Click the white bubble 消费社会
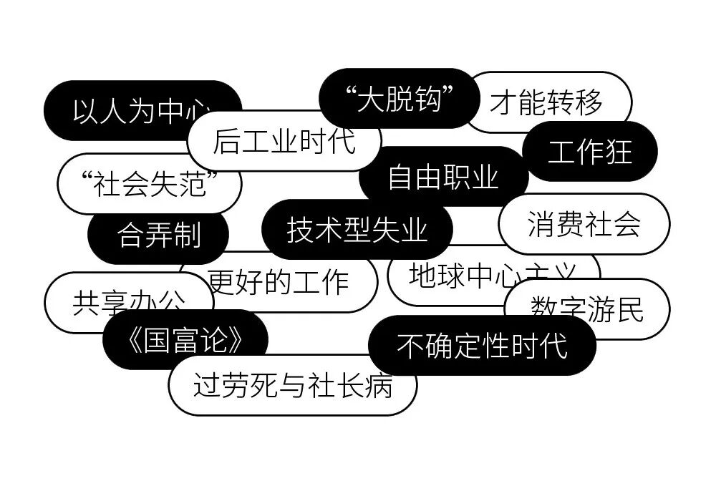click(584, 224)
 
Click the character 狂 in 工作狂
click(619, 151)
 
